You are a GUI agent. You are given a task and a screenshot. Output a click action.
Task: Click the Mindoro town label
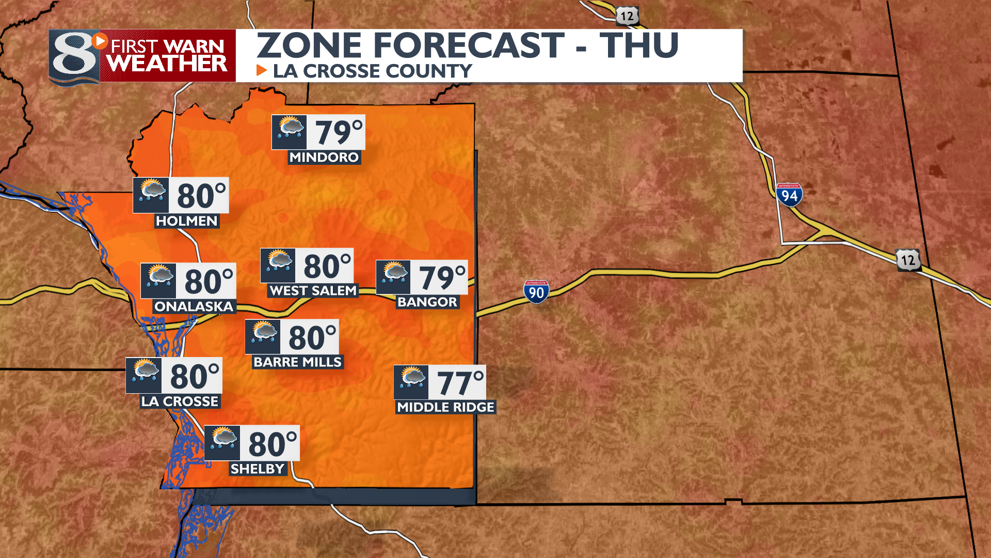pos(324,158)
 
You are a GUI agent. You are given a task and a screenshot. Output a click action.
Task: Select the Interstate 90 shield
pos(536,292)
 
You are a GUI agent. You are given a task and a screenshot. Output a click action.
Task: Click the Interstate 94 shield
pos(789,195)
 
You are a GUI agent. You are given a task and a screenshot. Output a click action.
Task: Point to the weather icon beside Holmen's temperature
pos(151,195)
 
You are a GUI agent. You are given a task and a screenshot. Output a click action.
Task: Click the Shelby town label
pos(258,469)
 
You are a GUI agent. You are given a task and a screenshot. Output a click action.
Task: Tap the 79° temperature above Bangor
pos(442,277)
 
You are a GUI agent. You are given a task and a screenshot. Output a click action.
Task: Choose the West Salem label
pos(313,291)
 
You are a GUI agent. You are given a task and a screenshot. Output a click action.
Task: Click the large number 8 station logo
pos(75,57)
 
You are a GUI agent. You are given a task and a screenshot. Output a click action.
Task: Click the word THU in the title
pos(639,45)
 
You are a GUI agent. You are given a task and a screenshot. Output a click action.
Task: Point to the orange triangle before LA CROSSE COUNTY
pos(262,70)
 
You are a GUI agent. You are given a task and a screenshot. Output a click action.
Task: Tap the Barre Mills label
pos(297,362)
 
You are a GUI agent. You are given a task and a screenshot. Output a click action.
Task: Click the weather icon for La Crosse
pos(145,375)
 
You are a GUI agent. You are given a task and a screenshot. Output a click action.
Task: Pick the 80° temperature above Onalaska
pos(209,281)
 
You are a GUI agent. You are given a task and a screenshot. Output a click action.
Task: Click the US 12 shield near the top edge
pos(627,17)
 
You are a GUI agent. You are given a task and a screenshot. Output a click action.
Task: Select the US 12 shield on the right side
pos(908,260)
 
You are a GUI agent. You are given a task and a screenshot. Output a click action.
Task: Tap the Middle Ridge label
pos(445,407)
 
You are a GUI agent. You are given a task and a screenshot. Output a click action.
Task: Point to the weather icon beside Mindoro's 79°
pos(290,132)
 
